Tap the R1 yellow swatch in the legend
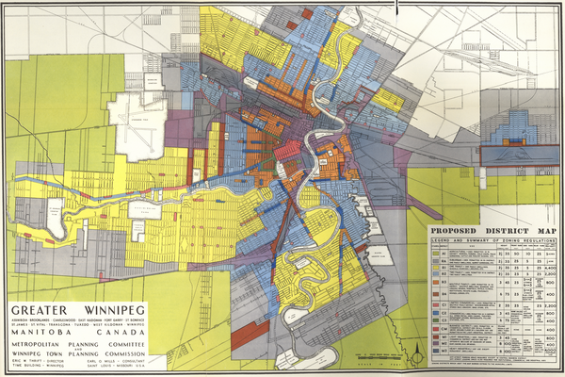[x=436, y=268]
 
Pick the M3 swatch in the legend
[x=436, y=350]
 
